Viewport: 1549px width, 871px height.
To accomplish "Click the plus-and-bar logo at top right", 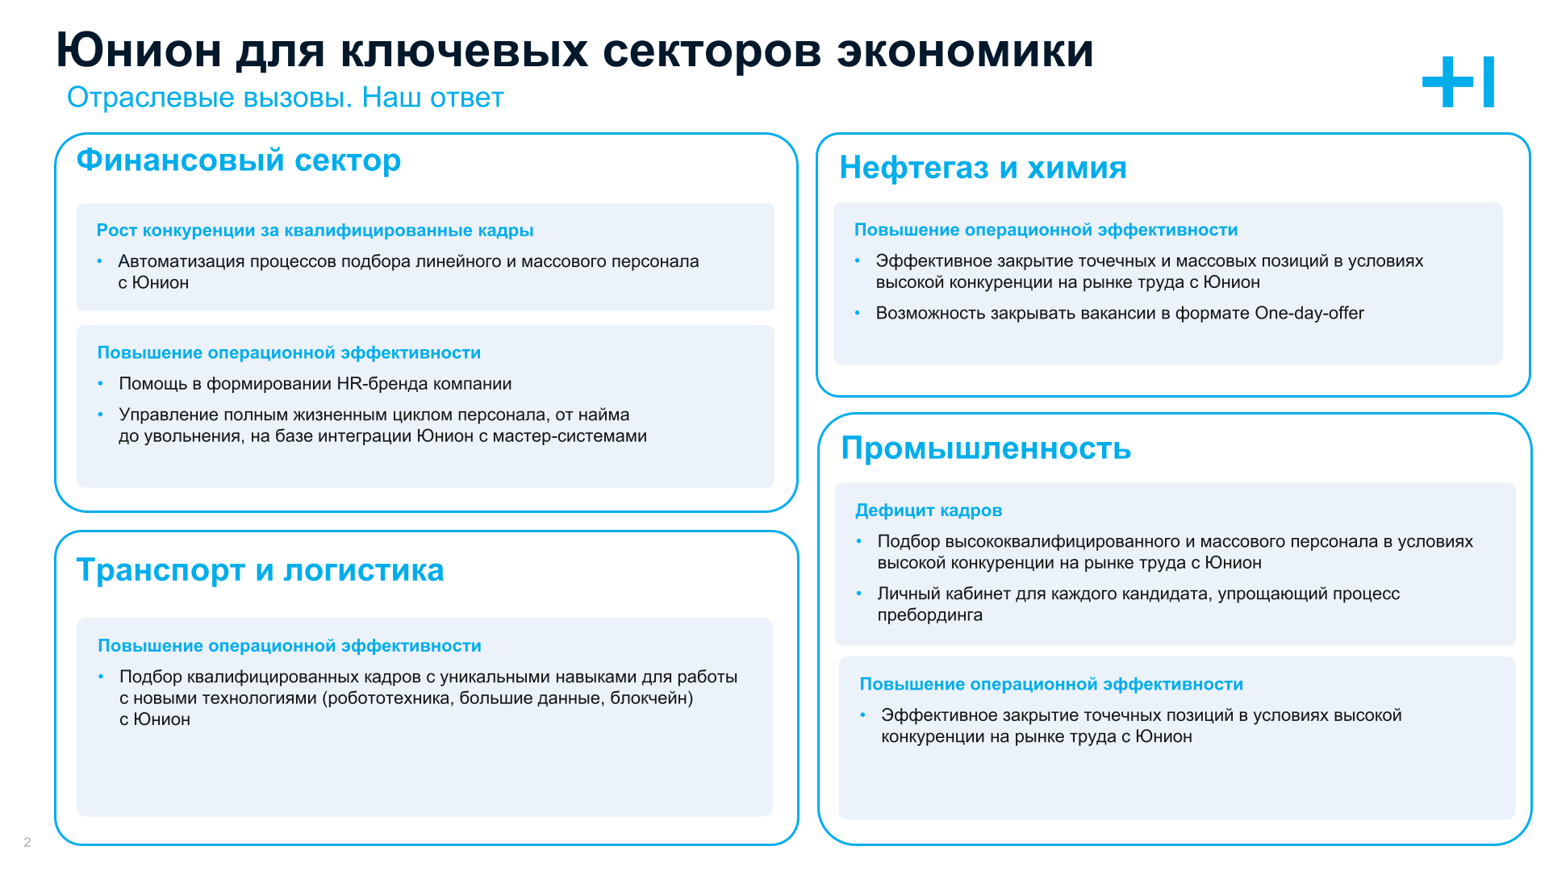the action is pyautogui.click(x=1458, y=81).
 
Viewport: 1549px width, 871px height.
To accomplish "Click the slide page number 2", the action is pyautogui.click(x=27, y=842).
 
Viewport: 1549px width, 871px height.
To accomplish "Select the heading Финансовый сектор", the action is pyautogui.click(x=239, y=160).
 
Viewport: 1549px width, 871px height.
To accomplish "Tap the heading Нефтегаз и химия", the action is pyautogui.click(x=983, y=167).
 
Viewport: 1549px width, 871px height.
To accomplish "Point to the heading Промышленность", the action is pyautogui.click(x=986, y=448).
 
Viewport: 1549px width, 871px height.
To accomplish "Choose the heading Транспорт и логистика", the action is pyautogui.click(x=260, y=569).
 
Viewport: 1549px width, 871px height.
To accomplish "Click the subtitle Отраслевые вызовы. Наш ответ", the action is pyautogui.click(x=286, y=98).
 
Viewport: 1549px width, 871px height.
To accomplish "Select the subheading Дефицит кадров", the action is pyautogui.click(x=929, y=511).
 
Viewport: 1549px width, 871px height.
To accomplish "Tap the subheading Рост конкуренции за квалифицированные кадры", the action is pyautogui.click(x=315, y=231).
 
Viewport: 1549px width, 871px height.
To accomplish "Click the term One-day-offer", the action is pyautogui.click(x=1309, y=313).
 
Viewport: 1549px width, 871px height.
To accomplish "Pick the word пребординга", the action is pyautogui.click(x=930, y=615).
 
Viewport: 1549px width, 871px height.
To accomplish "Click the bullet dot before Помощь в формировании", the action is pyautogui.click(x=101, y=384).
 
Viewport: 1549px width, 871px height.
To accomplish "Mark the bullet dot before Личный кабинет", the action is pyautogui.click(x=859, y=594).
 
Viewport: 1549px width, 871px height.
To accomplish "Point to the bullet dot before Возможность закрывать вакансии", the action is pyautogui.click(x=858, y=313).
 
